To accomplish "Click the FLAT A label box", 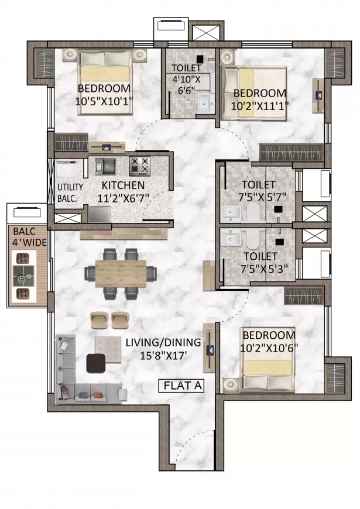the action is pyautogui.click(x=181, y=386).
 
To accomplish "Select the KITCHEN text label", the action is pyautogui.click(x=123, y=185).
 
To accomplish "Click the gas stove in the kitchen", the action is pyautogui.click(x=140, y=166).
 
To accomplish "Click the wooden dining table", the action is pyautogui.click(x=121, y=273).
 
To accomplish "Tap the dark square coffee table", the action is pyautogui.click(x=96, y=363).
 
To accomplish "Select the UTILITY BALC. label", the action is pyautogui.click(x=70, y=193).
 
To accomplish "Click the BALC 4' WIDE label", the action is pyautogui.click(x=29, y=237).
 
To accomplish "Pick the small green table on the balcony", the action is pyautogui.click(x=23, y=276).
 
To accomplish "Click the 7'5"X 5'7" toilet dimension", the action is pyautogui.click(x=262, y=197).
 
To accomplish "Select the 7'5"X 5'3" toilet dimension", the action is pyautogui.click(x=264, y=269).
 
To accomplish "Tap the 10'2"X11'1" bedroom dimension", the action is pyautogui.click(x=259, y=106).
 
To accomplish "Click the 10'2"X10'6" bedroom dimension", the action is pyautogui.click(x=269, y=348).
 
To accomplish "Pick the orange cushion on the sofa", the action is pyautogui.click(x=98, y=395).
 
